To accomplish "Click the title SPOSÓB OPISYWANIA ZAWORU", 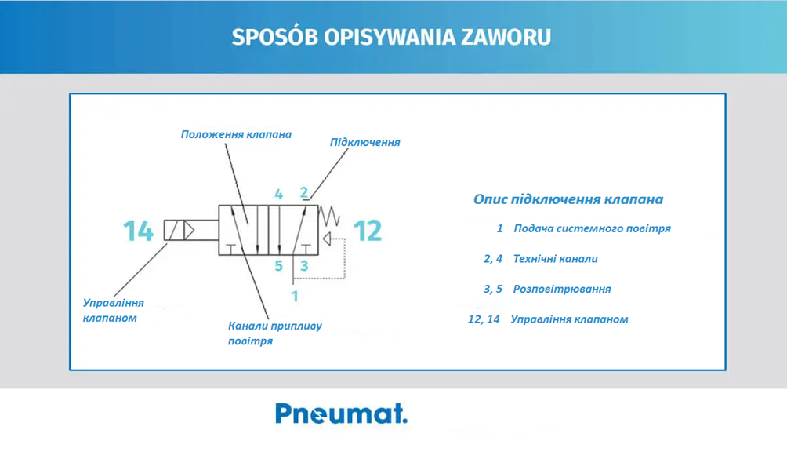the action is point(391,37).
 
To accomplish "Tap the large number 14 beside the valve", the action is point(138,231).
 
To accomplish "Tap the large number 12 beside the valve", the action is point(368,231).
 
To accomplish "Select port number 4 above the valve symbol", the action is point(278,195).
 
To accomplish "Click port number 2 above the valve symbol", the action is point(303,193).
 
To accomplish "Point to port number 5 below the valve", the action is point(278,266).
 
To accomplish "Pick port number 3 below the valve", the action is point(303,266).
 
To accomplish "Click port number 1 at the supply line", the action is point(295,297).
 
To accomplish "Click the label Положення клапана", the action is point(236,135).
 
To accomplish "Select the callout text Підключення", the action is point(365,143).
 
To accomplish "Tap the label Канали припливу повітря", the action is point(275,334).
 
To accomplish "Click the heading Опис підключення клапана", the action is point(568,199).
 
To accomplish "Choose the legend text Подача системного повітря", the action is point(593,228).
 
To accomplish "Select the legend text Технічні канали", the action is point(555,259).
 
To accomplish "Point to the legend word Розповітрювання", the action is point(562,290).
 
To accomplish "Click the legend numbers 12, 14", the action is point(484,319).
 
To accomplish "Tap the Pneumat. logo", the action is point(341,414).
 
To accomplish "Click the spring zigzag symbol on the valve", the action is point(330,216).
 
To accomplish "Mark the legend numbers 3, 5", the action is point(493,290).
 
